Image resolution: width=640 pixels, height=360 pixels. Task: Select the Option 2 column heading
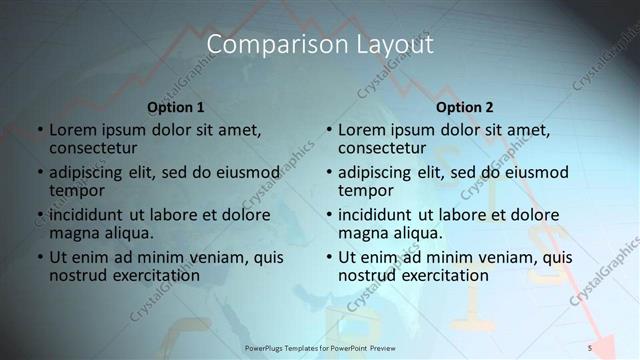point(465,107)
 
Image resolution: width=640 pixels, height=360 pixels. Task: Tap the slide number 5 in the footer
point(590,347)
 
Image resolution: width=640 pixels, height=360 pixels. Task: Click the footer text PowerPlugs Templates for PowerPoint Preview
point(320,347)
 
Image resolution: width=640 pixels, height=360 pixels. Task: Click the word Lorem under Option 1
point(73,130)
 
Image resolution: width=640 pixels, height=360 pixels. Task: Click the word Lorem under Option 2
point(362,130)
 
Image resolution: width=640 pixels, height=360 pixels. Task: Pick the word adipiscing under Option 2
point(376,172)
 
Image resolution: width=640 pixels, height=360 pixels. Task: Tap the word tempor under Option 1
point(76,190)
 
